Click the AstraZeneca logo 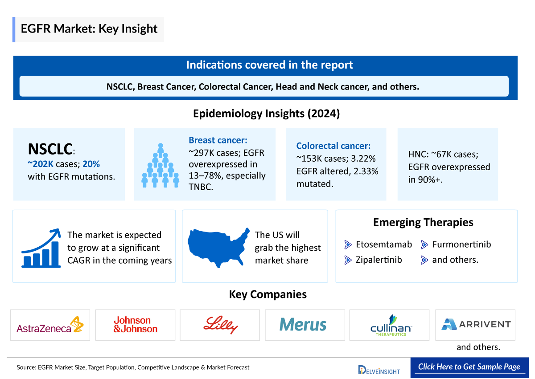(50, 325)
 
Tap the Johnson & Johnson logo (135, 325)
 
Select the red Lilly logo (220, 325)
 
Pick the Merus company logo (303, 325)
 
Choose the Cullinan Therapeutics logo (391, 326)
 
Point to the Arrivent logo (476, 324)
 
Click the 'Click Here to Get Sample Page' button (469, 367)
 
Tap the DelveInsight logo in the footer (379, 370)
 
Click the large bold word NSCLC (50, 149)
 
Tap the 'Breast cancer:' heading (218, 140)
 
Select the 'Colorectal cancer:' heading (333, 146)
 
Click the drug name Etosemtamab (384, 245)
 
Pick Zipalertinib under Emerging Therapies (379, 260)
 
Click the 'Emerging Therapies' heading (423, 222)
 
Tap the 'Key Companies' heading (267, 294)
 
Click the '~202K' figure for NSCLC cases (41, 164)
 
